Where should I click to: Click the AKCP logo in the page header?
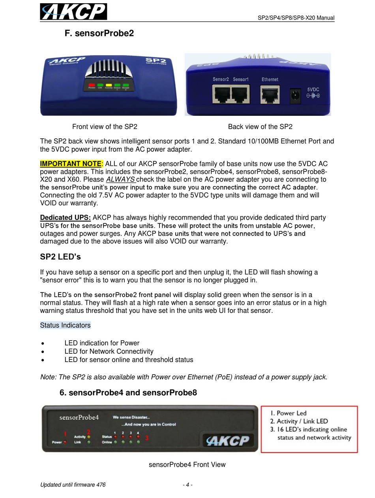click(73, 11)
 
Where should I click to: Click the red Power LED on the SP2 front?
click(92, 85)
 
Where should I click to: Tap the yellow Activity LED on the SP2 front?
click(109, 85)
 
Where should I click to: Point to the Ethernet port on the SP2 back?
click(270, 95)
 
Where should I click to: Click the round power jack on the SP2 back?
click(295, 96)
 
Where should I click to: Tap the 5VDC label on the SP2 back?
click(313, 89)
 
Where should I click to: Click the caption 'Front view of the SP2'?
click(105, 126)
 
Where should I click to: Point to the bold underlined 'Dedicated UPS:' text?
click(66, 218)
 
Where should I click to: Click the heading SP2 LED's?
click(60, 257)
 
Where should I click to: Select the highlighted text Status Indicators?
click(65, 325)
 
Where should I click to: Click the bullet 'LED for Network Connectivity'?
click(109, 351)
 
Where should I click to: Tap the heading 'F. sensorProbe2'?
click(99, 33)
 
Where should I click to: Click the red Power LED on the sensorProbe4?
click(65, 442)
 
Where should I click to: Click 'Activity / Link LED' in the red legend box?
click(302, 421)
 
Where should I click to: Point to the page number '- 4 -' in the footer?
click(187, 485)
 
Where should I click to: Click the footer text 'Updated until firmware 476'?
click(73, 485)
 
